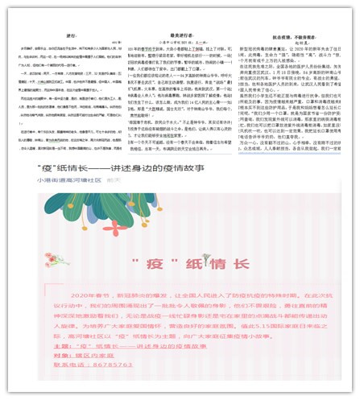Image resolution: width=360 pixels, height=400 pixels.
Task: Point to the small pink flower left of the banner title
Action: click(56, 258)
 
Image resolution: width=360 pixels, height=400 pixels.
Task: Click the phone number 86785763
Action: click(112, 364)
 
